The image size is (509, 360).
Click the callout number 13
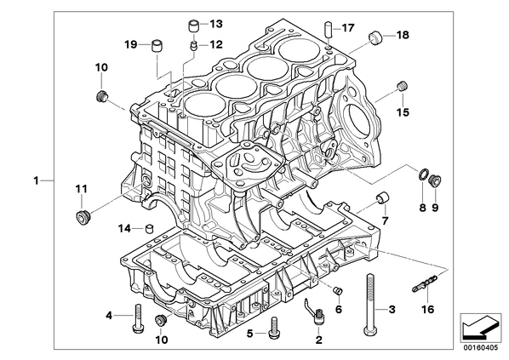[216, 23]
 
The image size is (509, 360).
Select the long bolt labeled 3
[369, 304]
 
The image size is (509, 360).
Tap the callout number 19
[131, 44]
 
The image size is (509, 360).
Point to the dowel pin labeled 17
[328, 29]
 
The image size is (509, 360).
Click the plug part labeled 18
[376, 37]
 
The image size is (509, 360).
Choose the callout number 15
[403, 112]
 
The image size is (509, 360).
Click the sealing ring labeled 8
[422, 175]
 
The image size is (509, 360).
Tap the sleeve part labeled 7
[383, 197]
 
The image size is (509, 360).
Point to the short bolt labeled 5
[273, 328]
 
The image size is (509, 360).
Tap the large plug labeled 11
[82, 216]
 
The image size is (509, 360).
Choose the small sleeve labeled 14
[149, 228]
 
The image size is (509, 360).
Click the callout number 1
[37, 180]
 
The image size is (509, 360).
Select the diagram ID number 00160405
[480, 348]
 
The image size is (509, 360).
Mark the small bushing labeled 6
[338, 290]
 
